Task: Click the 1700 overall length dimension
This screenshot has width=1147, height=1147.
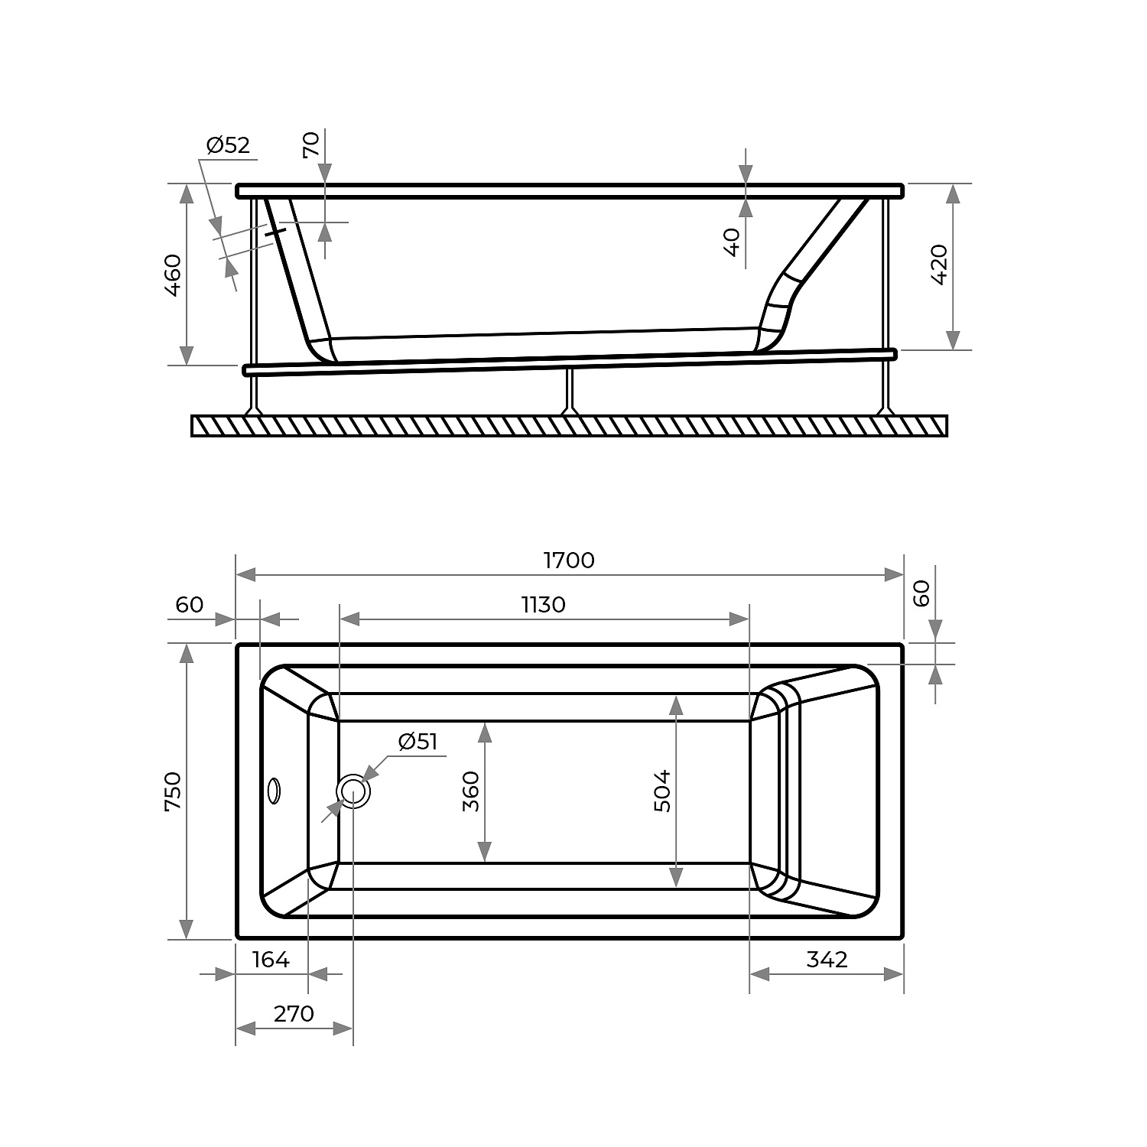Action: [569, 561]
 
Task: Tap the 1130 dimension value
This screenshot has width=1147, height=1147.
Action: [544, 605]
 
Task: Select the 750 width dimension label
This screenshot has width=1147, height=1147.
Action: [173, 791]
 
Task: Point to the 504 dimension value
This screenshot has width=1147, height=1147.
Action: [662, 791]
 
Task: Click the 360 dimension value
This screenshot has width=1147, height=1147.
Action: [470, 791]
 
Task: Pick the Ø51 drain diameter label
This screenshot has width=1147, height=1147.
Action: [418, 741]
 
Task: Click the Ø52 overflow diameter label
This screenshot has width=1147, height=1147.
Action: [228, 145]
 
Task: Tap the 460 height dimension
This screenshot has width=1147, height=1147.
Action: [173, 275]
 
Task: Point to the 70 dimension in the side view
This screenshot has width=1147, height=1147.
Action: [311, 145]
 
